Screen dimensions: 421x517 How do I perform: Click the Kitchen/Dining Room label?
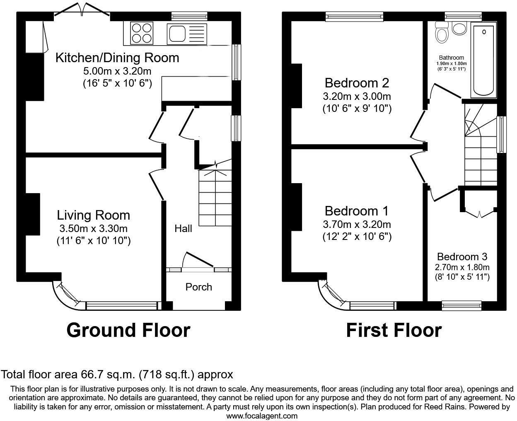tap(117, 58)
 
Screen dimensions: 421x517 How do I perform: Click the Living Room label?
tap(93, 215)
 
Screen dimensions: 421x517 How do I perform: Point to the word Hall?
tap(183, 228)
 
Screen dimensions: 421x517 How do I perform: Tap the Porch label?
tap(198, 287)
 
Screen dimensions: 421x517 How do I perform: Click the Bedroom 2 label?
tap(357, 83)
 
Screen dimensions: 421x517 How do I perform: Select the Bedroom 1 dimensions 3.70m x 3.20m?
tap(357, 225)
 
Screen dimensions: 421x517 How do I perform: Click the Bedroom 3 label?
tap(462, 256)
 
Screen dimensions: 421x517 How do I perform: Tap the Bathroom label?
tap(452, 58)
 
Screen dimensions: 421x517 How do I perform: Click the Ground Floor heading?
tap(128, 330)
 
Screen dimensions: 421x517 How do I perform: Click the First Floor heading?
tap(394, 330)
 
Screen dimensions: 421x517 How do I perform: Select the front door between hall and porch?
tap(198, 260)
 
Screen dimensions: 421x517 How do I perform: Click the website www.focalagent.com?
tap(262, 416)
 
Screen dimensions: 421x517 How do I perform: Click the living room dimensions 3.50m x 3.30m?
tap(93, 228)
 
